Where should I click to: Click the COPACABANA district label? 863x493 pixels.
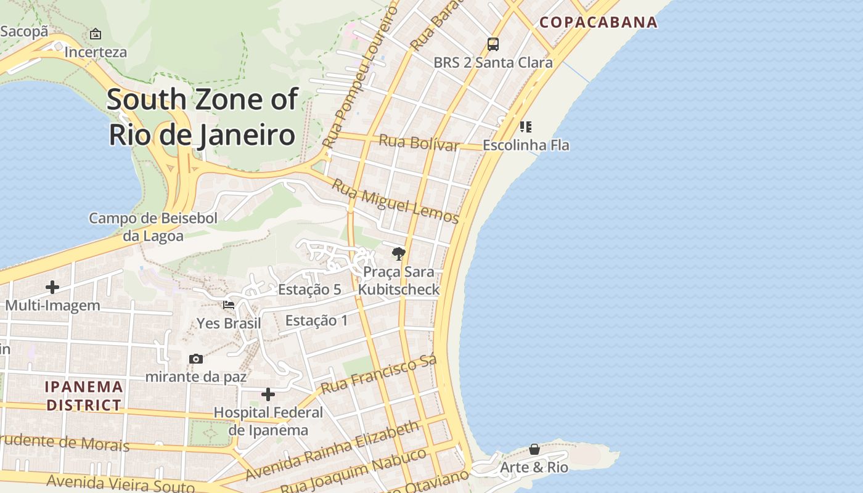599,23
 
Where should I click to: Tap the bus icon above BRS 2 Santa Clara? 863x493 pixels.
493,44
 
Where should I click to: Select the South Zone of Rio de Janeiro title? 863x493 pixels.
202,116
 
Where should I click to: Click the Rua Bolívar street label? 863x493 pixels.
419,142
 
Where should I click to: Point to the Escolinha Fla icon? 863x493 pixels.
525,127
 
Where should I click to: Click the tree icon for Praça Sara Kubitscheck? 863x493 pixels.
399,253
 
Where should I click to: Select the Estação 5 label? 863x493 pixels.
309,290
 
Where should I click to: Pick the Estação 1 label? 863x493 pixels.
316,320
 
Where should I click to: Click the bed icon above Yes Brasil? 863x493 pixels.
229,304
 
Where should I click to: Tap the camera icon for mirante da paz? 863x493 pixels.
196,359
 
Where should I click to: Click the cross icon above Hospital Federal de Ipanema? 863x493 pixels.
268,394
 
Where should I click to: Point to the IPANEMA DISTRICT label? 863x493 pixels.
84,396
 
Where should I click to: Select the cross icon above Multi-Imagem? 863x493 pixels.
52,287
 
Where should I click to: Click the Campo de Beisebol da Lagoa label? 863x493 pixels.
153,227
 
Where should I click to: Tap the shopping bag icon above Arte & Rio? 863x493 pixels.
534,449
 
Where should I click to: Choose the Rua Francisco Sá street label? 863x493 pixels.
379,374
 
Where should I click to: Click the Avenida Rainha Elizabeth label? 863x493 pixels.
333,450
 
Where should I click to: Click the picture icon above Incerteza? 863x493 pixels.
96,34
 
